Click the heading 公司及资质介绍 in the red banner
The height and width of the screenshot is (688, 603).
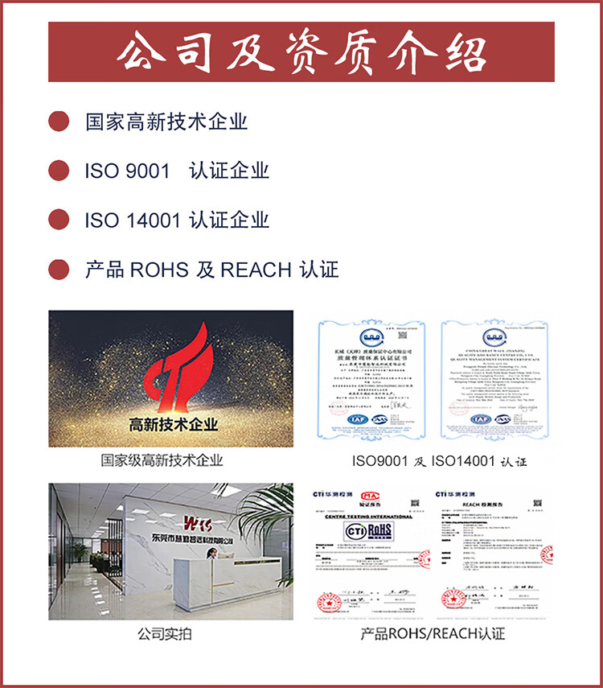301,52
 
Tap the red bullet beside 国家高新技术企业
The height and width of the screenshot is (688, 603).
59,122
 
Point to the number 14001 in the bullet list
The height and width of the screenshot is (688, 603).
153,220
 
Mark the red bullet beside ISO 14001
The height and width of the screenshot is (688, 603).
59,220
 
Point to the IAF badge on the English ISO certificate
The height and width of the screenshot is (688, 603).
481,418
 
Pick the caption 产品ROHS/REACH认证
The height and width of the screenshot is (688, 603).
433,634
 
